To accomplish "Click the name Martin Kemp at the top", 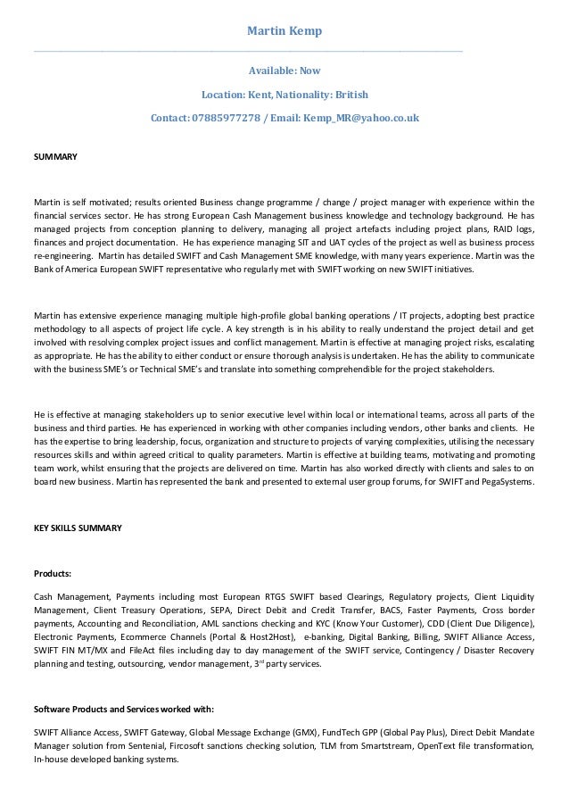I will (x=284, y=32).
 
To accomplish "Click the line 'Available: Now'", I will (x=284, y=70).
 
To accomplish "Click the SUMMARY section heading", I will (x=55, y=156).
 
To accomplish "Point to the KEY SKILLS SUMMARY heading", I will (x=77, y=528).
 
